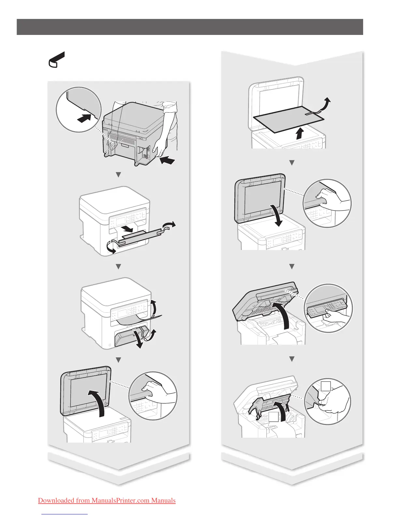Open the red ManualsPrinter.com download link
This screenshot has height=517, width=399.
tap(107, 500)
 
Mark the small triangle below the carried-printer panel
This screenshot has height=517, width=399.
tap(118, 175)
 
